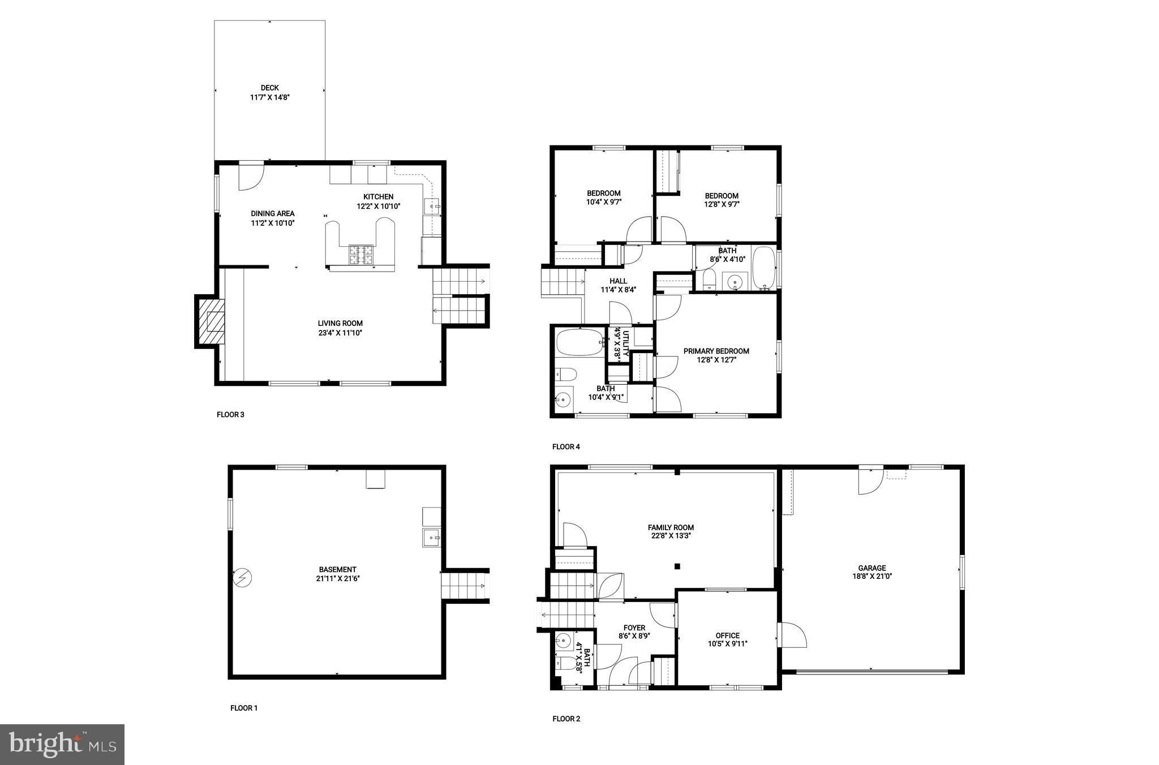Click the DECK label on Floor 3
(x=269, y=88)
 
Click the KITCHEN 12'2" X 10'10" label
(x=378, y=201)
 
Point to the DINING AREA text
(x=272, y=214)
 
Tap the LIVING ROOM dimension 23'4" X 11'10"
(x=340, y=333)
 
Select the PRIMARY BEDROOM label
(x=716, y=351)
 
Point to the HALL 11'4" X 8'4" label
(x=618, y=285)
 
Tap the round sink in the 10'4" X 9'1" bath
(x=563, y=399)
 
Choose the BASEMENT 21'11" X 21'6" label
(x=337, y=574)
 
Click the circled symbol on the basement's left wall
(x=243, y=578)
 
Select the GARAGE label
(x=872, y=568)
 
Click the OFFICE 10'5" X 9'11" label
(x=727, y=639)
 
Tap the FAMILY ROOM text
(x=671, y=527)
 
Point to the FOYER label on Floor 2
(x=634, y=628)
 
